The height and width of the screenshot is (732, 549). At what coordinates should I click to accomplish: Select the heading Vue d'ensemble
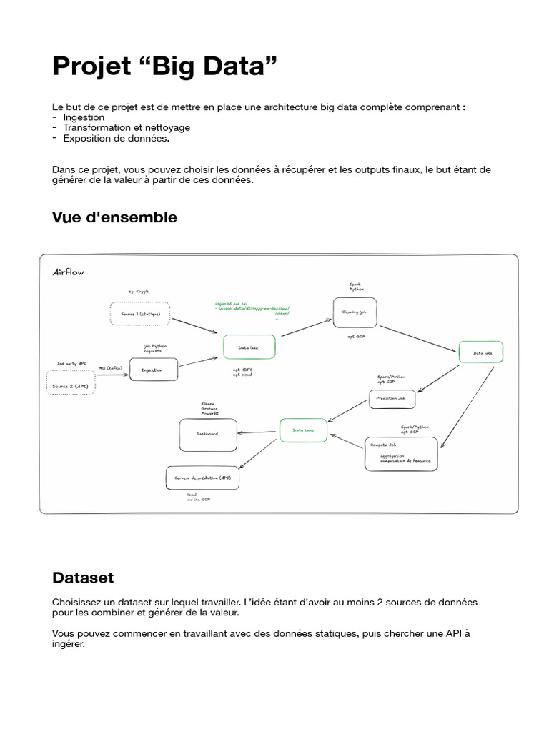[x=114, y=217]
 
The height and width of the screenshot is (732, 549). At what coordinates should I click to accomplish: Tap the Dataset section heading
[x=83, y=577]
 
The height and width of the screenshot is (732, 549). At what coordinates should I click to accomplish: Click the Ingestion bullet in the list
[x=84, y=117]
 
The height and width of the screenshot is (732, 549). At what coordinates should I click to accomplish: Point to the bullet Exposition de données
[x=116, y=138]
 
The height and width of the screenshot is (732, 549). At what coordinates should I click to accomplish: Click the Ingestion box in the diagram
[x=153, y=370]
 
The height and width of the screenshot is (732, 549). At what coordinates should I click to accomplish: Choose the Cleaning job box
[x=355, y=312]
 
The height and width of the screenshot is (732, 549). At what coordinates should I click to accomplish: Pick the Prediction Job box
[x=391, y=399]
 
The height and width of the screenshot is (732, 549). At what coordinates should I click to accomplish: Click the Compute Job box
[x=401, y=453]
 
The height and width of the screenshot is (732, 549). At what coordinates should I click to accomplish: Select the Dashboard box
[x=207, y=434]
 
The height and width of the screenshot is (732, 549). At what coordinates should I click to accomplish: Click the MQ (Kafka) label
[x=111, y=367]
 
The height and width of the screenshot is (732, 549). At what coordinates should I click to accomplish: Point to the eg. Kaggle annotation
[x=140, y=292]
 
